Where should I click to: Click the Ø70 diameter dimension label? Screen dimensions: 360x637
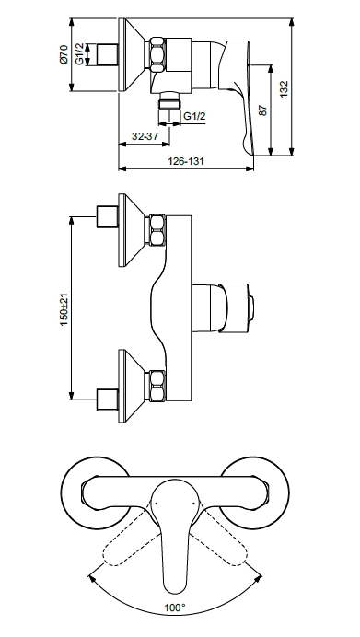point(64,54)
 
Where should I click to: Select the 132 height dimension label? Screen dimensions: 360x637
point(284,88)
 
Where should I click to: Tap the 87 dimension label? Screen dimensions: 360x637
point(263,110)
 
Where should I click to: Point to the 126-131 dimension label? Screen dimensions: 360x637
point(186,161)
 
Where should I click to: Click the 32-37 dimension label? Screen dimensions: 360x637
point(145,136)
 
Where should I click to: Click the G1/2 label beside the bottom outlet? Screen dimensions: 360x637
point(194,116)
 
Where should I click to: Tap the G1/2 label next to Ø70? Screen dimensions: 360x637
point(79,54)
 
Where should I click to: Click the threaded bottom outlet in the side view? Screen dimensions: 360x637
point(169,100)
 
